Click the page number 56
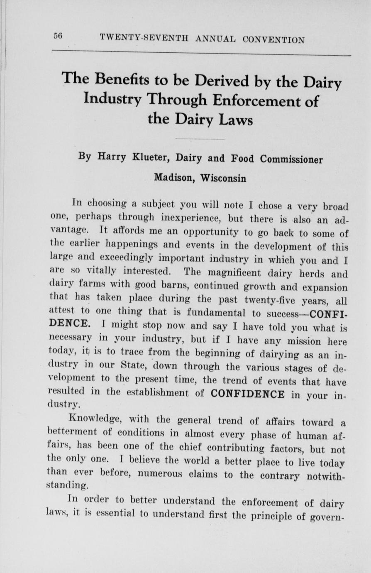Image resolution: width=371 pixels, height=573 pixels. pyautogui.click(x=57, y=36)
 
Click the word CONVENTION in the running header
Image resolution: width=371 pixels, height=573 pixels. pyautogui.click(x=274, y=40)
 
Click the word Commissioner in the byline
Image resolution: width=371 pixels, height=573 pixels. pyautogui.click(x=291, y=159)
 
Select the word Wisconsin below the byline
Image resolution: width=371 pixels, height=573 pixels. pyautogui.click(x=223, y=179)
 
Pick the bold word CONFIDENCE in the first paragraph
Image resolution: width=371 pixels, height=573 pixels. pyautogui.click(x=248, y=394)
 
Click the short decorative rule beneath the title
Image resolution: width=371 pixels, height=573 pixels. pyautogui.click(x=200, y=139)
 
